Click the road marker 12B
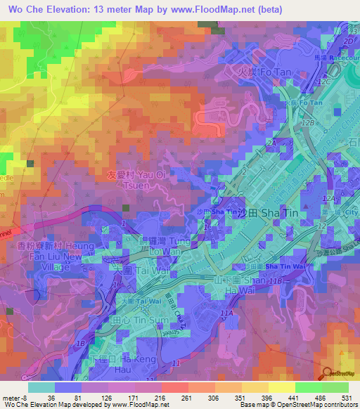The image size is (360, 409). [307, 124]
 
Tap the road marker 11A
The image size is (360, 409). [226, 313]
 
